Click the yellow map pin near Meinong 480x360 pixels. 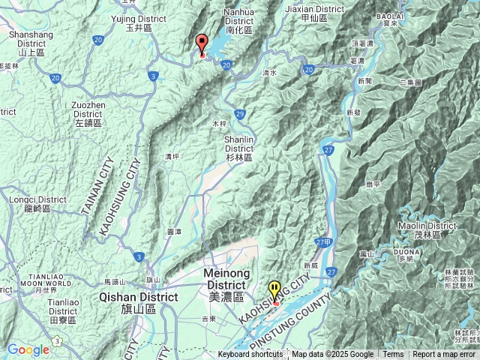pos(275,292)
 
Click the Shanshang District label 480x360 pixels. pos(31,43)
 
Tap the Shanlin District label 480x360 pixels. pos(239,148)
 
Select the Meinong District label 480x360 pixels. pos(226,283)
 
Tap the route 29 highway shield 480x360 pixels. pos(239,113)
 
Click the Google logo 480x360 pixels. pos(28,349)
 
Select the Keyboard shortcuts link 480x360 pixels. pos(250,355)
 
